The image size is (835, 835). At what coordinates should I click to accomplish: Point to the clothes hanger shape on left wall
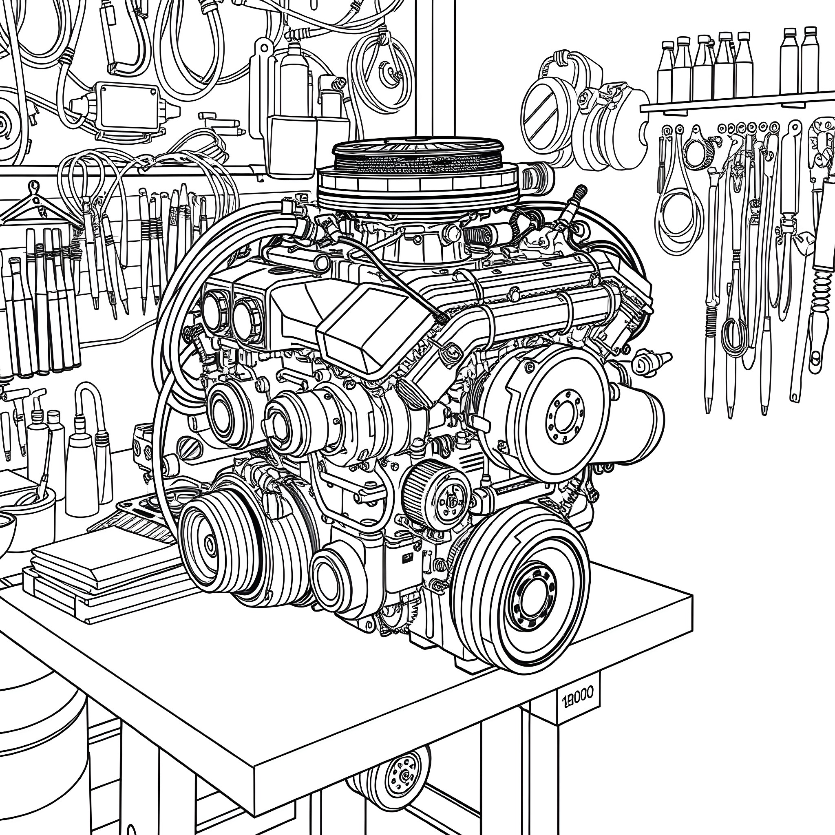[x=35, y=208]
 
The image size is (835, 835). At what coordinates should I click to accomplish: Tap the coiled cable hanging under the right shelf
[x=674, y=216]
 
